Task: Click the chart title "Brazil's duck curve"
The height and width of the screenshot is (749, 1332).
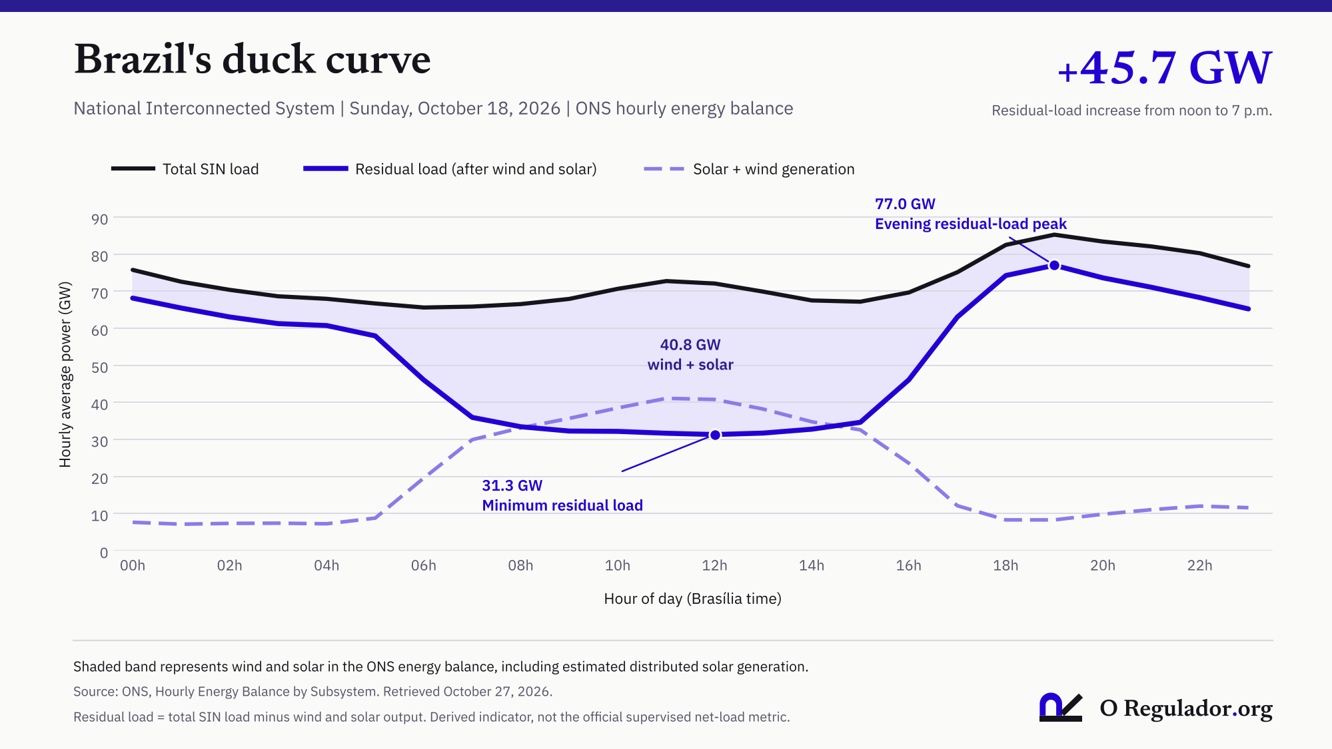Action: click(x=253, y=59)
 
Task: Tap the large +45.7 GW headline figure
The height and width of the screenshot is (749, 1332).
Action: click(x=1165, y=67)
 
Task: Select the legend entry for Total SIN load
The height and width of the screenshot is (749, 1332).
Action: click(x=185, y=169)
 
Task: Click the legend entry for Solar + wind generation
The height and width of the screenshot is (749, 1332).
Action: click(x=749, y=169)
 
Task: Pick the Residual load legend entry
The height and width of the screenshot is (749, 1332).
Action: click(x=450, y=169)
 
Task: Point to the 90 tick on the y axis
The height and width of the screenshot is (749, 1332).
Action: click(x=99, y=219)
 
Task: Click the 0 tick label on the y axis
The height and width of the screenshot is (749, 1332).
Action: click(x=104, y=553)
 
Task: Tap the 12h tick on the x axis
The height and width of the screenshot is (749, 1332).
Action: click(x=714, y=565)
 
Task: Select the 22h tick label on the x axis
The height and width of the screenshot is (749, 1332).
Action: click(x=1199, y=565)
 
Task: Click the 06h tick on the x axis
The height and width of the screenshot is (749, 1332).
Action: click(x=424, y=565)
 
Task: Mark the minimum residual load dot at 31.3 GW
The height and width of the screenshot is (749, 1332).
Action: click(x=715, y=435)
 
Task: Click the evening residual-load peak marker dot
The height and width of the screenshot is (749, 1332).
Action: click(x=1054, y=265)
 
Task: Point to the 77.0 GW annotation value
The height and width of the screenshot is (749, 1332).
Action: click(x=905, y=204)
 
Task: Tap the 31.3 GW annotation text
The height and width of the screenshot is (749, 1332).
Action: click(x=512, y=485)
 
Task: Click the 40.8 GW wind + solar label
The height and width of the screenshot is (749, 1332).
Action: click(x=690, y=355)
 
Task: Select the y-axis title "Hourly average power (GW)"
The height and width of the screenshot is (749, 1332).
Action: click(x=65, y=374)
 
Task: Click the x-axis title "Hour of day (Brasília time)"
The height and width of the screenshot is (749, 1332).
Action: click(x=692, y=599)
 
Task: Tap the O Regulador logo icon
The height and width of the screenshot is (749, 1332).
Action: click(x=1060, y=707)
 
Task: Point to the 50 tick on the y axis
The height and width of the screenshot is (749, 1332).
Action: click(x=99, y=368)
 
